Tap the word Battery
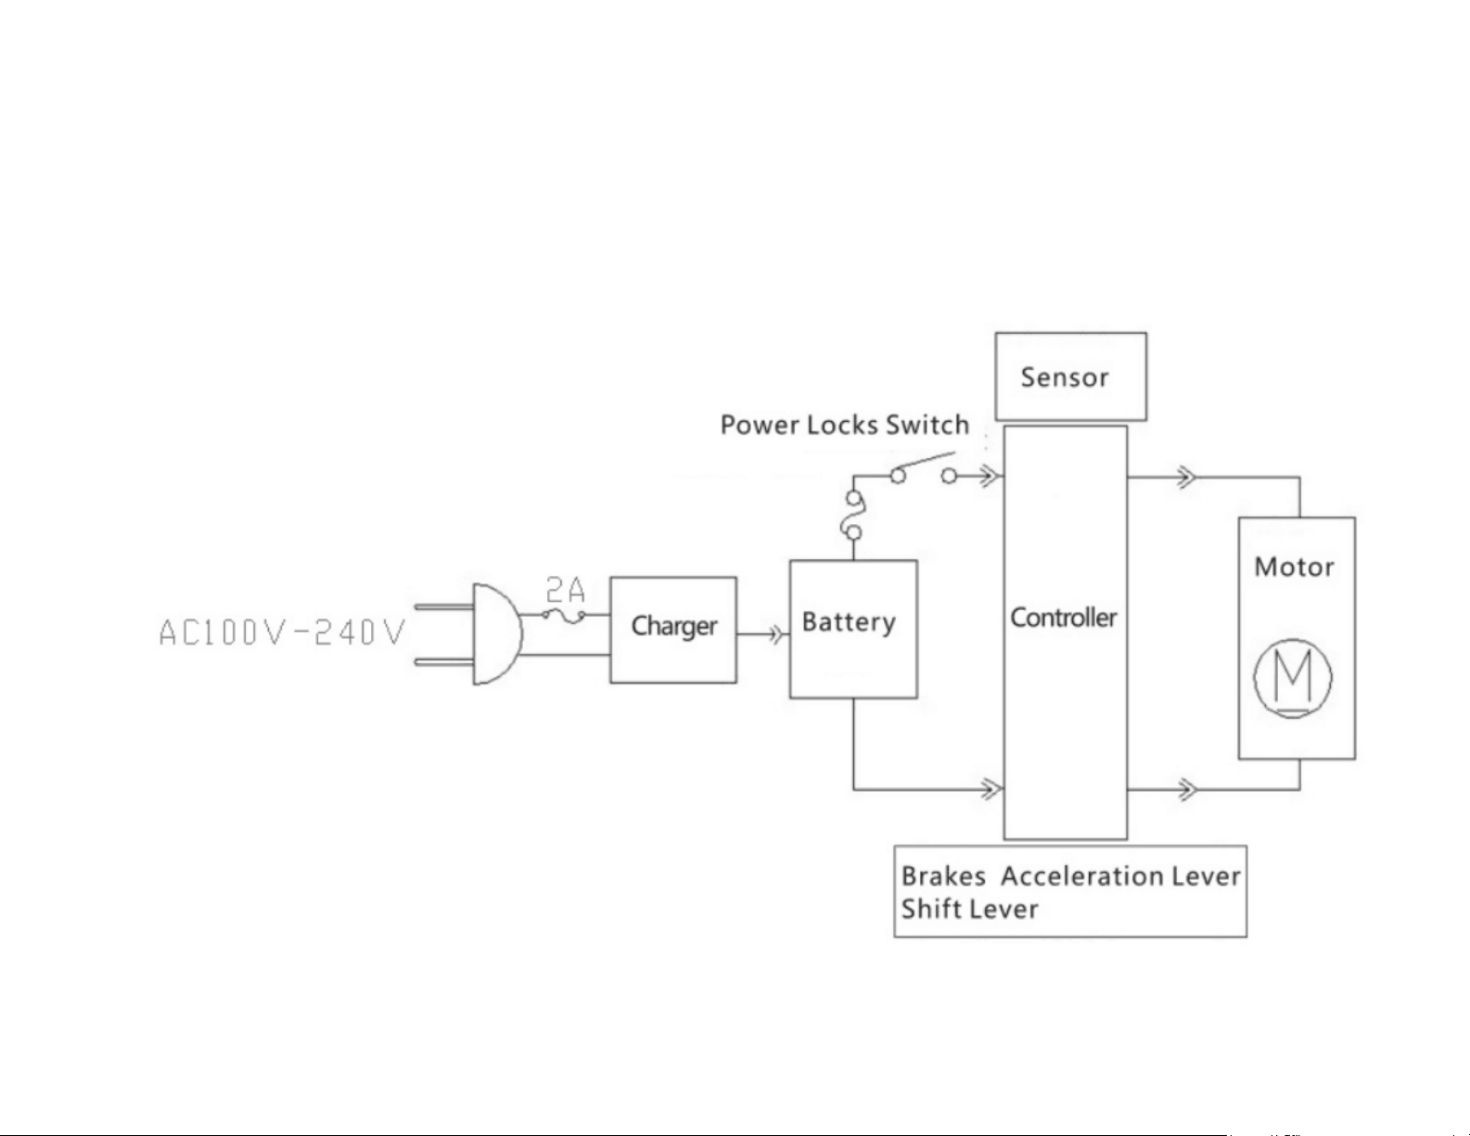point(849,622)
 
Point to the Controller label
point(1064,618)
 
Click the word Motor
point(1294,567)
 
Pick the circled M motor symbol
point(1293,678)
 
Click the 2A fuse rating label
point(566,591)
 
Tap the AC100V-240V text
point(281,632)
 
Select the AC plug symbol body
point(498,634)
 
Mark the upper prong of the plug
point(443,606)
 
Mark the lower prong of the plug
point(443,662)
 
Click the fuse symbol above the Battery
point(853,516)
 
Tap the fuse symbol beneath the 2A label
point(564,616)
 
